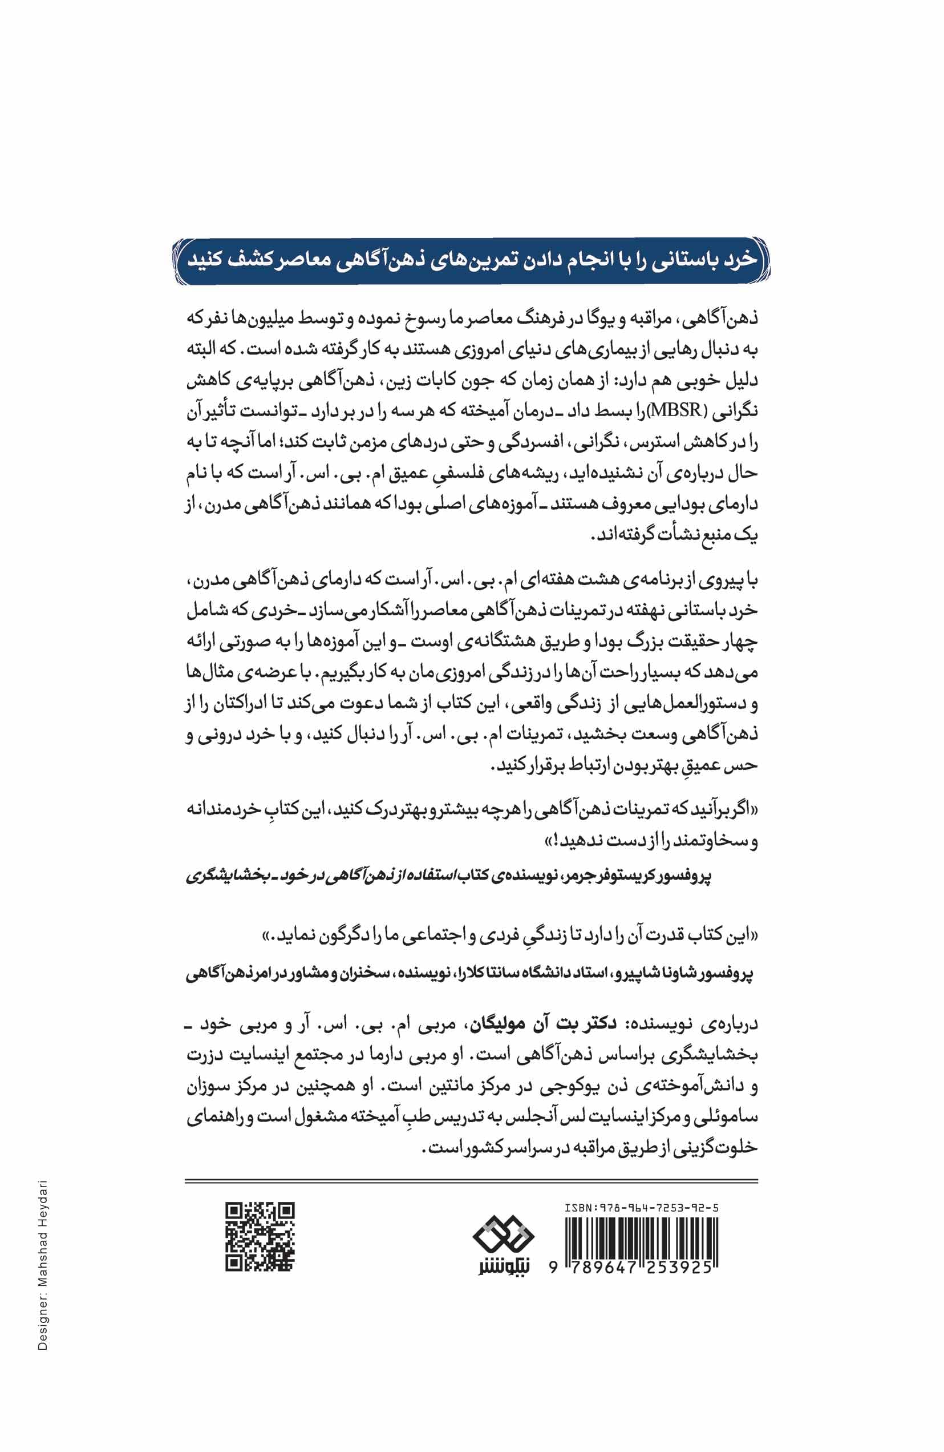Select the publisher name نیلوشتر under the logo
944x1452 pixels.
(x=503, y=1279)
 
